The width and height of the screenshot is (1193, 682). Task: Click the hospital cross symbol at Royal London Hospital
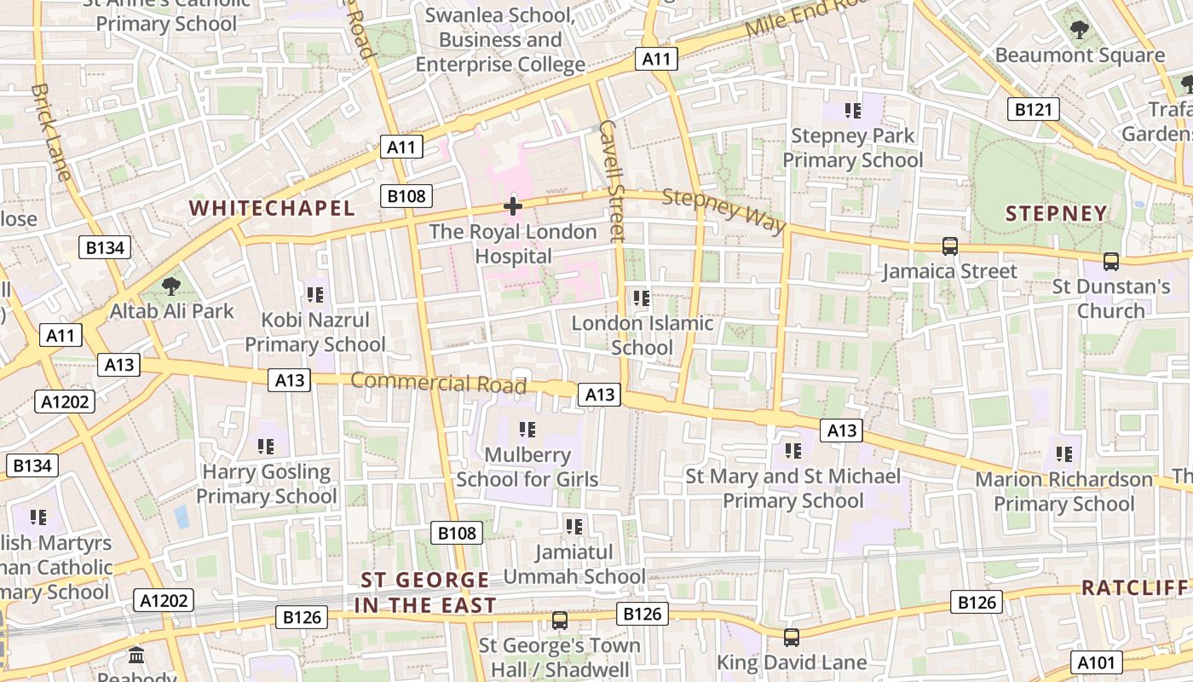click(513, 205)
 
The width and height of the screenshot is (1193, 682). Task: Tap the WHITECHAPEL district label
click(272, 208)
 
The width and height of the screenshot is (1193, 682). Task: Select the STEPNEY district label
click(1057, 213)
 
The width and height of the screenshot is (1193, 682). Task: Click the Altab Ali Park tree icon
click(171, 286)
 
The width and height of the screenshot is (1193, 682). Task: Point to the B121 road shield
click(1033, 109)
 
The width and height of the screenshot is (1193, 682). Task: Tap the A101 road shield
click(1096, 662)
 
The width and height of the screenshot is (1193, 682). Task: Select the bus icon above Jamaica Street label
click(950, 246)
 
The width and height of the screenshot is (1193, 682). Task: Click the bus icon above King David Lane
click(792, 637)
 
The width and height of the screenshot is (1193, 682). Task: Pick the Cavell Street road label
click(613, 180)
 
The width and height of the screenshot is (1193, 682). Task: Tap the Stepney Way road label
click(723, 210)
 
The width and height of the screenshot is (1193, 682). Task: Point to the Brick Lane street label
click(52, 131)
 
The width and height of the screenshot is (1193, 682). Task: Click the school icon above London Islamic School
click(642, 298)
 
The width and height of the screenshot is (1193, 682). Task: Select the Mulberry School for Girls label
click(527, 467)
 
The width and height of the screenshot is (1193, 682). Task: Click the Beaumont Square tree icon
click(1080, 31)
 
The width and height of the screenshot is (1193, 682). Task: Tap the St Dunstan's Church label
click(1111, 298)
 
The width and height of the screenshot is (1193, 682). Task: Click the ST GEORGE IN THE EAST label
click(425, 592)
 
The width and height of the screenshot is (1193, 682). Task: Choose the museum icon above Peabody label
click(136, 656)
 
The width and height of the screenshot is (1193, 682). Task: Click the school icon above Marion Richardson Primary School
click(1064, 454)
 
